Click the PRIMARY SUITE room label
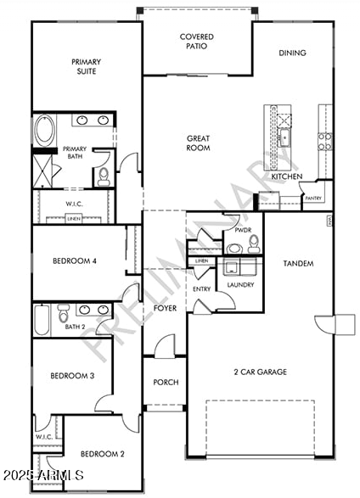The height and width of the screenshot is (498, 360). coord(87,66)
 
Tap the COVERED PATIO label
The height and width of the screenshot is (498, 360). coord(196,42)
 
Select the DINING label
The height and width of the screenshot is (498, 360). coord(292,53)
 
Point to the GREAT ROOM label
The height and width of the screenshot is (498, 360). coord(198,143)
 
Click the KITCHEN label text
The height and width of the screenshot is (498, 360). coord(286,176)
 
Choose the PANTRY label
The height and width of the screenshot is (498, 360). coord(313,198)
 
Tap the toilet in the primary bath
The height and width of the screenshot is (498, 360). coord(104,176)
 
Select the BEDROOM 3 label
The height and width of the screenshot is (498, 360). coord(70,375)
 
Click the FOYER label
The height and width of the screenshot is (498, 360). coord(166,308)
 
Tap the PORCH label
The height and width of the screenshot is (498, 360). coord(166,382)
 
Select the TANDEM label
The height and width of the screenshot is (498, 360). coord(298,264)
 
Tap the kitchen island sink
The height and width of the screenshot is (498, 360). coord(285,136)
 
